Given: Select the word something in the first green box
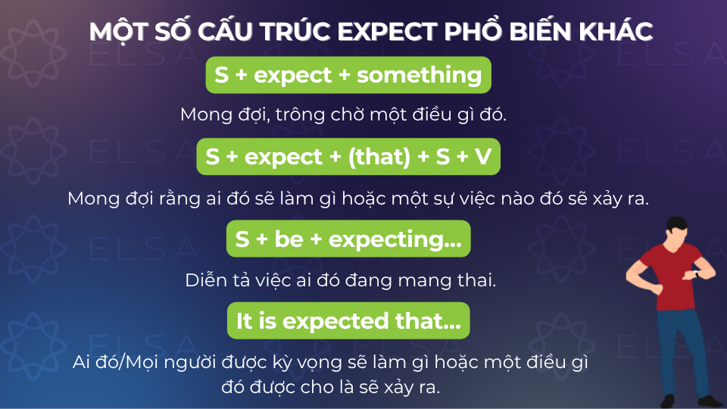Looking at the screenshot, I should click(x=419, y=75).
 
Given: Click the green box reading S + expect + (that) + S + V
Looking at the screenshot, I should click(x=348, y=157).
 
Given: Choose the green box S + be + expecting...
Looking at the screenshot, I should click(x=348, y=239).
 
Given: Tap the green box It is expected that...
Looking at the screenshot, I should click(x=348, y=321).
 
